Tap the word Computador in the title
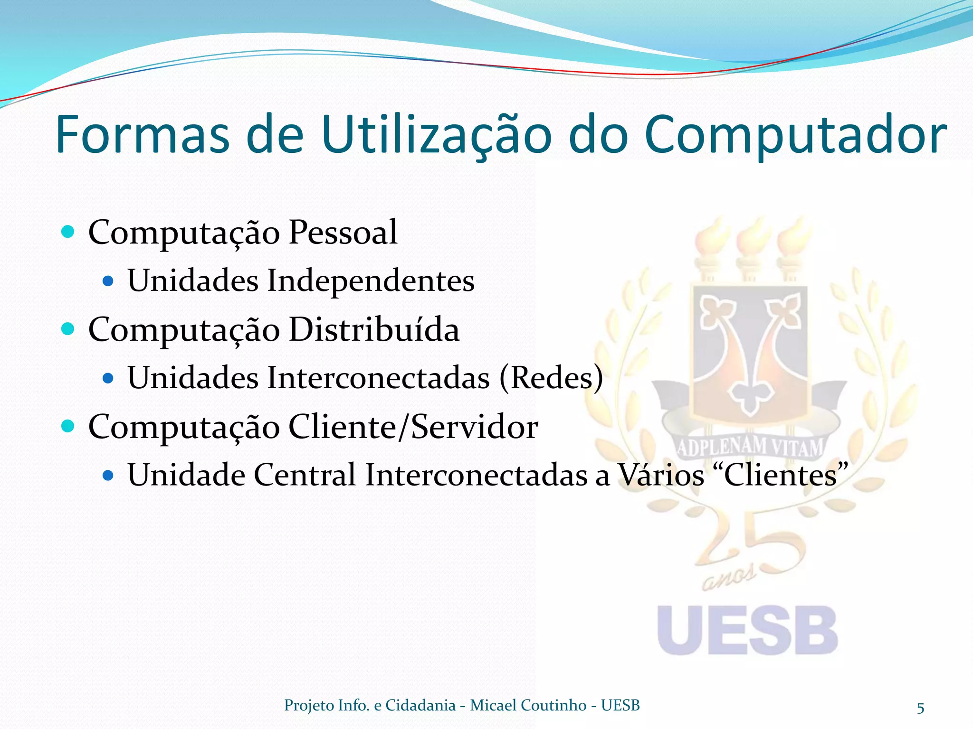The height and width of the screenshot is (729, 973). coord(795,135)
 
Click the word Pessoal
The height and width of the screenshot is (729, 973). coord(343,233)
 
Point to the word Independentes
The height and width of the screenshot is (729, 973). coord(371,280)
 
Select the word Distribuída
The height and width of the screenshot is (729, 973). coord(374,329)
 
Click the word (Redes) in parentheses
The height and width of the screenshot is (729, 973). coord(551,378)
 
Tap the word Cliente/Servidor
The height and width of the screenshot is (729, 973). coord(413,427)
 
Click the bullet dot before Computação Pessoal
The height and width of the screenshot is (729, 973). coord(68,232)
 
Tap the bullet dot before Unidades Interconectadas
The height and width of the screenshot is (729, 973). coord(108,378)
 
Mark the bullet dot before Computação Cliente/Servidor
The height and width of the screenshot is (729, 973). coord(68,426)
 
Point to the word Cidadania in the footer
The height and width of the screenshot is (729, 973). coord(420,705)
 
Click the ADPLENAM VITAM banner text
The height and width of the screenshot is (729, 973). coord(749,447)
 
